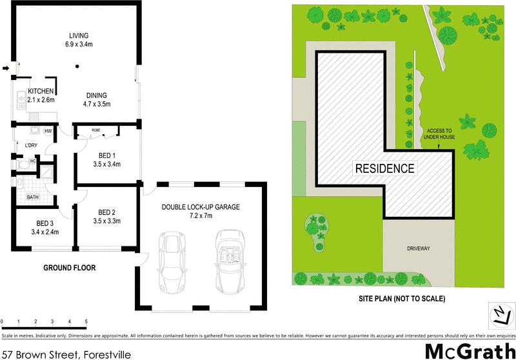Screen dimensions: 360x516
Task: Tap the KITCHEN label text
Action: coord(40,92)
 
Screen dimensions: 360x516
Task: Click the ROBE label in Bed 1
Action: coord(95,130)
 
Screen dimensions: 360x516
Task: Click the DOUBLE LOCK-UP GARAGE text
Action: coord(201,207)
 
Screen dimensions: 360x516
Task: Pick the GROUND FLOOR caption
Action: coord(69,268)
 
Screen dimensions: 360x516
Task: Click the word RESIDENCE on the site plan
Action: coord(384,169)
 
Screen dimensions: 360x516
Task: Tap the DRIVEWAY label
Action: coord(418,248)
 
